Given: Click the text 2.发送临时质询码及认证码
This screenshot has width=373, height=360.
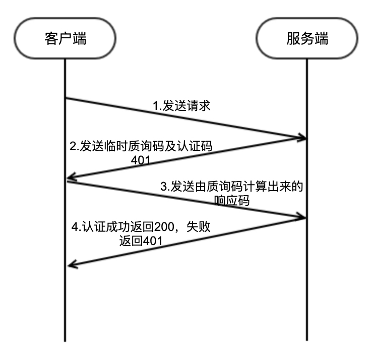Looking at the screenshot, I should coord(141,147).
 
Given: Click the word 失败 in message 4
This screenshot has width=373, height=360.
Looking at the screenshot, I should coord(198,228).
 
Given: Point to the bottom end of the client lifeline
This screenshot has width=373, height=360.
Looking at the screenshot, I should coord(65,341).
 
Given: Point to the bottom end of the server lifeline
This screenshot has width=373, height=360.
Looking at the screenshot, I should coord(307,341).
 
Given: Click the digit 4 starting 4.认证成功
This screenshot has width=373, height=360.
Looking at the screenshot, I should coord(73,228).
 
